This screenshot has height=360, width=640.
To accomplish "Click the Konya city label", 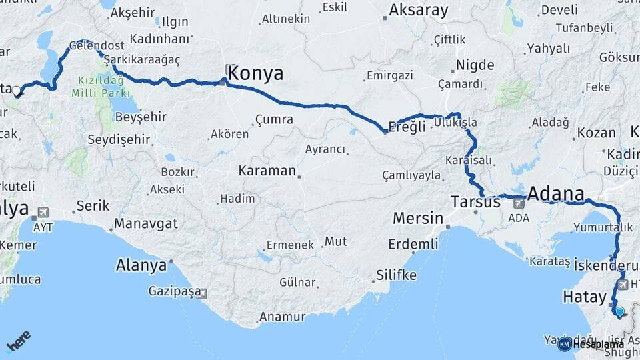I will (255, 73).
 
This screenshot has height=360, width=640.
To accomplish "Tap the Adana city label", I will (555, 194).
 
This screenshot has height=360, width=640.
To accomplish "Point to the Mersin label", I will (418, 218).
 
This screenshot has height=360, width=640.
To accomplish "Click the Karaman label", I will (267, 171).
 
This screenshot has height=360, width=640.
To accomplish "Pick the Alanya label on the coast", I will (141, 265).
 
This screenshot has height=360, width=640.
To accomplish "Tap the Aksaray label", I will (419, 10).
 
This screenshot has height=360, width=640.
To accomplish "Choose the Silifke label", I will (396, 275).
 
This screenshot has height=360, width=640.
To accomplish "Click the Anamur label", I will (282, 317).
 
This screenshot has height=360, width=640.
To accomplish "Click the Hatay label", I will (583, 296).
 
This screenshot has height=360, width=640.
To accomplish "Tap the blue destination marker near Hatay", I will (620, 311).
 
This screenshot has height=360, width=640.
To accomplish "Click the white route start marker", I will (16, 91).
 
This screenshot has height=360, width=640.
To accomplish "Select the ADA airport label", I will (518, 217).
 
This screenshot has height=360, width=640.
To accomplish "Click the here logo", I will (18, 342).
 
